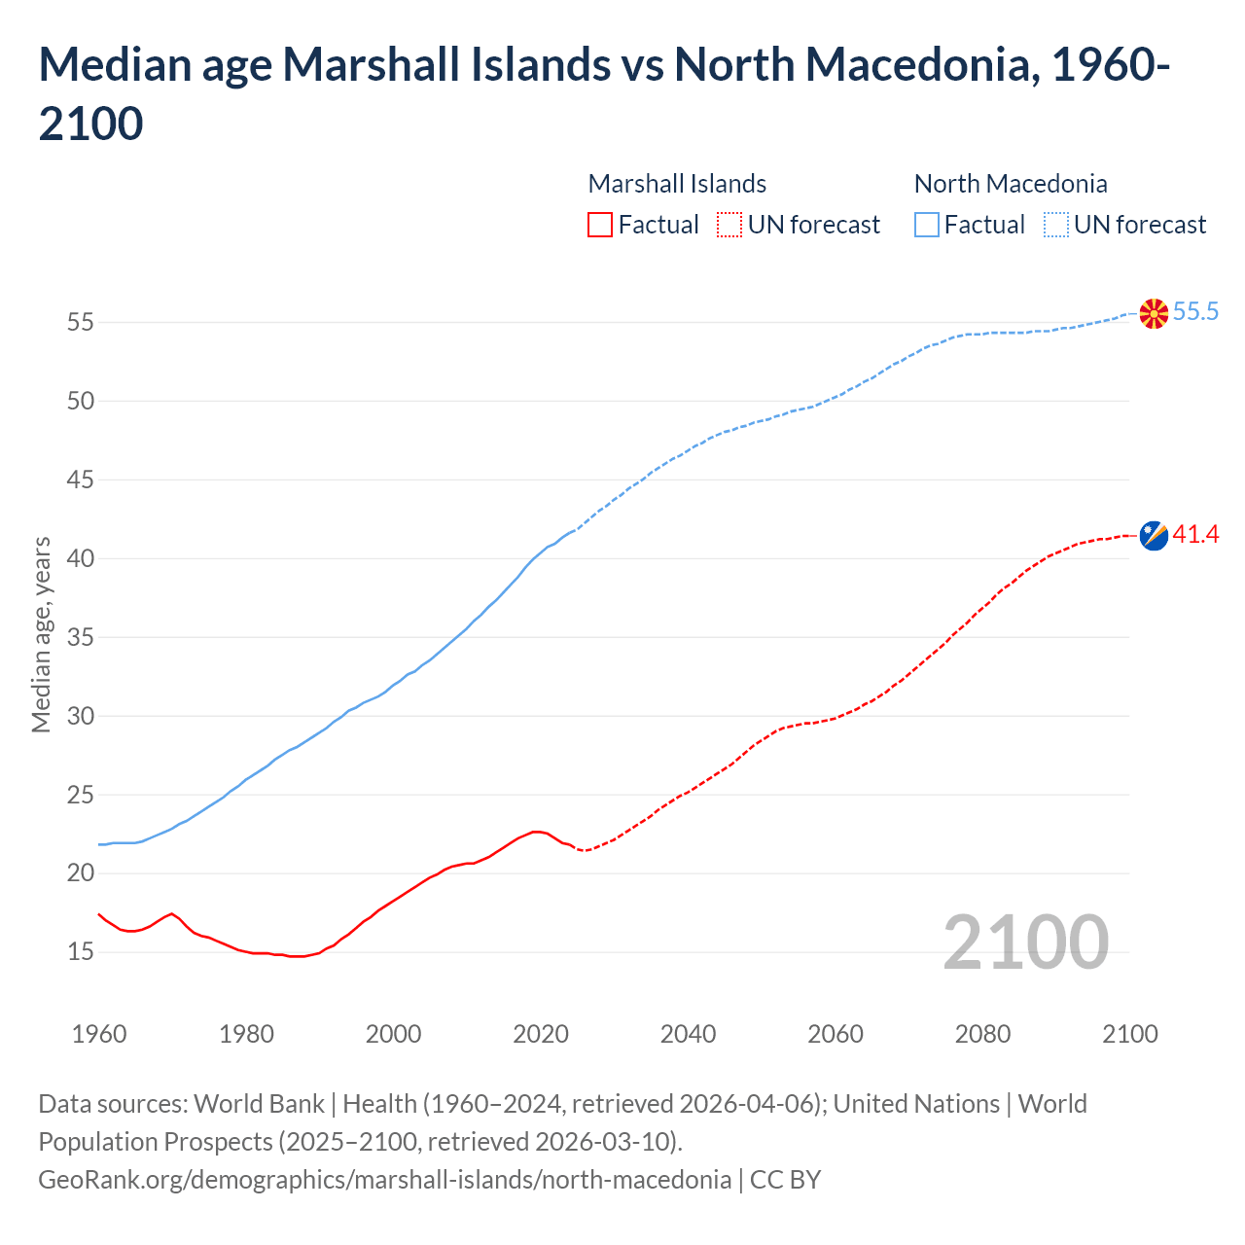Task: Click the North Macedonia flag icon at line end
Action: pyautogui.click(x=1154, y=313)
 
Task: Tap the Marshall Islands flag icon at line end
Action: pyautogui.click(x=1154, y=536)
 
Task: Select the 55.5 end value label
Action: pyautogui.click(x=1195, y=312)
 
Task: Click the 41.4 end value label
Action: pyautogui.click(x=1195, y=535)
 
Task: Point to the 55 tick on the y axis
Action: pyautogui.click(x=80, y=322)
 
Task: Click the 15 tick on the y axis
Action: pyautogui.click(x=80, y=952)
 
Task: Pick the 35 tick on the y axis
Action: pyautogui.click(x=80, y=637)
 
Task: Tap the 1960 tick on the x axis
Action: pyautogui.click(x=99, y=1034)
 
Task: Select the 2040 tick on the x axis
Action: pyautogui.click(x=688, y=1034)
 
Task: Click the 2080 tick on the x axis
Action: pyautogui.click(x=982, y=1034)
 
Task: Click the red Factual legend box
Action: pyautogui.click(x=600, y=225)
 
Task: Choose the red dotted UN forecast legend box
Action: pyautogui.click(x=729, y=225)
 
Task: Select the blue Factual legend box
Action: pyautogui.click(x=927, y=225)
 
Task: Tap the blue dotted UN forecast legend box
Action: pyautogui.click(x=1055, y=225)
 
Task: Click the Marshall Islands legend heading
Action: pyautogui.click(x=677, y=184)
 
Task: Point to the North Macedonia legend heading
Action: pyautogui.click(x=1011, y=184)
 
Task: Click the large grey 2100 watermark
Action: pyautogui.click(x=1025, y=943)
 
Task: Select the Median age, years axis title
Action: pyautogui.click(x=41, y=634)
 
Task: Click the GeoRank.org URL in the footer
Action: pyautogui.click(x=384, y=1180)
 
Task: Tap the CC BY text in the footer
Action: pyautogui.click(x=785, y=1180)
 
